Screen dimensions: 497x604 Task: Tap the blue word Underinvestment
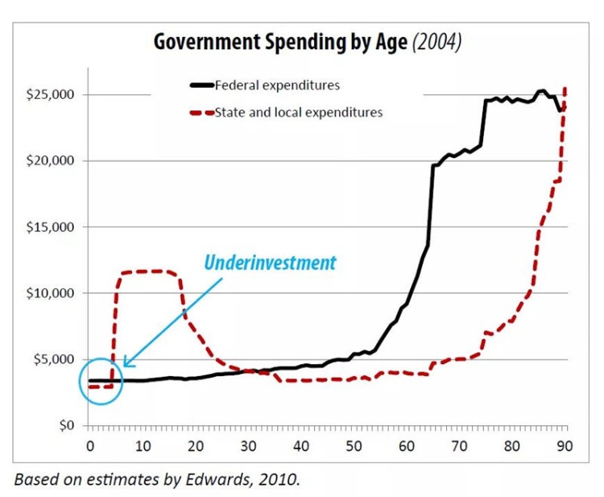[270, 263]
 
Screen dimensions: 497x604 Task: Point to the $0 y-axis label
[66, 425]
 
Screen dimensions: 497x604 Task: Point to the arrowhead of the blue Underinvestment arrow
[126, 365]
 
